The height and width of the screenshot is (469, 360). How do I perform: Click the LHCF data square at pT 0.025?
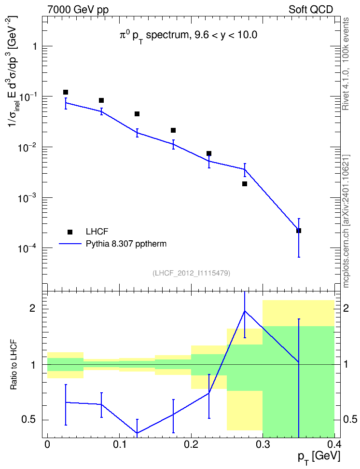coord(66,92)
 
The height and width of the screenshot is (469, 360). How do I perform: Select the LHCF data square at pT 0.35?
coord(298,231)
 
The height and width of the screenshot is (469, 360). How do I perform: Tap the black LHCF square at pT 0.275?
coord(245,184)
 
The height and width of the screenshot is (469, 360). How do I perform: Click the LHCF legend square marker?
coord(70,232)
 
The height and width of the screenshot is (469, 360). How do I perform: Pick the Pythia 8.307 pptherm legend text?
coord(126,244)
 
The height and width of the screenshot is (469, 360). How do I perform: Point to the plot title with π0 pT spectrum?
coord(188,36)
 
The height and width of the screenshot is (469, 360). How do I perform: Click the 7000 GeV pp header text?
coord(78,10)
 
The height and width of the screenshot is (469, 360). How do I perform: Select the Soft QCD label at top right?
coord(311,10)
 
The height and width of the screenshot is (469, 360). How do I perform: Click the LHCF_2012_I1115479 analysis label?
coord(191,273)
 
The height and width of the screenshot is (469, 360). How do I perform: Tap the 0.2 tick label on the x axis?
coord(191,444)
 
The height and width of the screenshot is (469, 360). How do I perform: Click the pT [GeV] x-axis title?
coord(318,457)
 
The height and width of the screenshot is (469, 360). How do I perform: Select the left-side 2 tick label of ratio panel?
coord(32,308)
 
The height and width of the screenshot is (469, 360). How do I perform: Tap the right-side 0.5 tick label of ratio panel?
coord(350,419)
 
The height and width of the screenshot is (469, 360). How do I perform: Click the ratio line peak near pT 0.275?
coord(245,311)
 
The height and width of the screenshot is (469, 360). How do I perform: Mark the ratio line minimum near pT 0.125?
coord(137,432)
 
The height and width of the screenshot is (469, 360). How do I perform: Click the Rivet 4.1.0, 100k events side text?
coord(346,64)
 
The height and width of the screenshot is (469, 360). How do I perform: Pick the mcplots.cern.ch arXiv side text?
coord(346,221)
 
